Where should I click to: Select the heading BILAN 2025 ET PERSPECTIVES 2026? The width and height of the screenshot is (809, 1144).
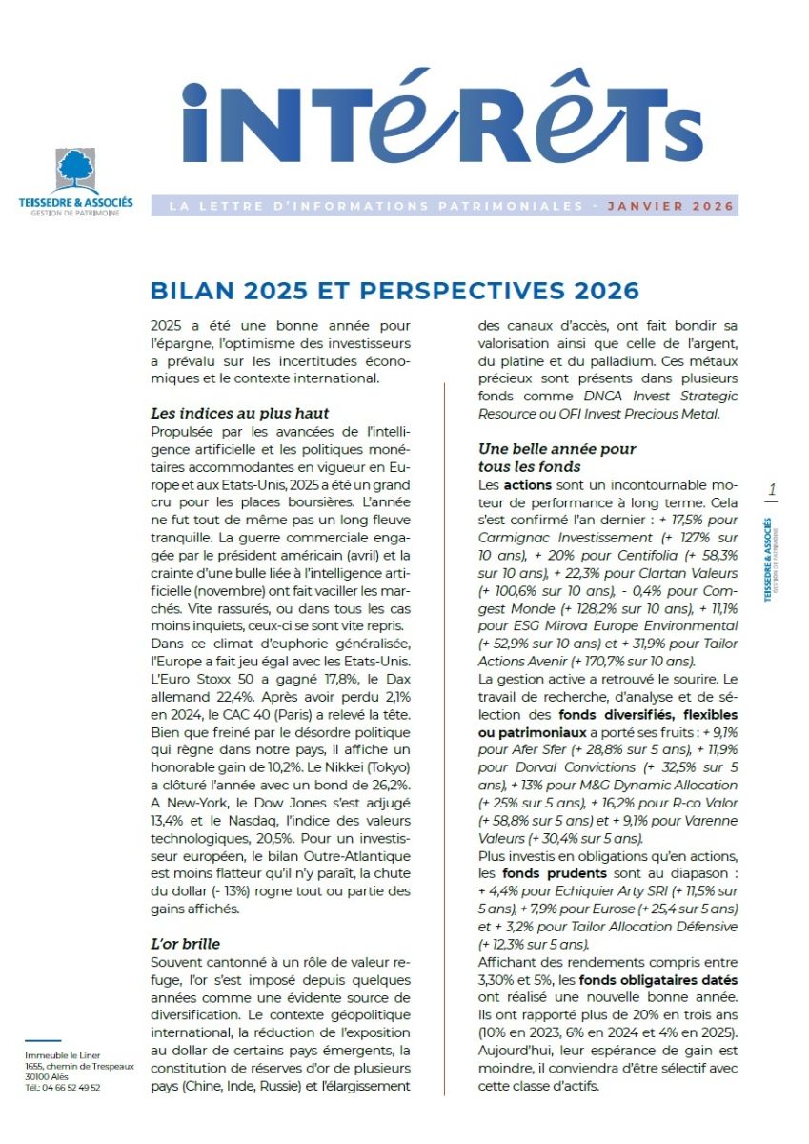pyautogui.click(x=394, y=291)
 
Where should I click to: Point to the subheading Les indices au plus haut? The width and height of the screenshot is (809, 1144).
pyautogui.click(x=240, y=413)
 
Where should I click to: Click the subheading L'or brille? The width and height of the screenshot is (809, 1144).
pyautogui.click(x=186, y=943)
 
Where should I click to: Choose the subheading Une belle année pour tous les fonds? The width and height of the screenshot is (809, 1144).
pyautogui.click(x=556, y=457)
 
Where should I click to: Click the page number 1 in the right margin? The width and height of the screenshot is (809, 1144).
pyautogui.click(x=772, y=490)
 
